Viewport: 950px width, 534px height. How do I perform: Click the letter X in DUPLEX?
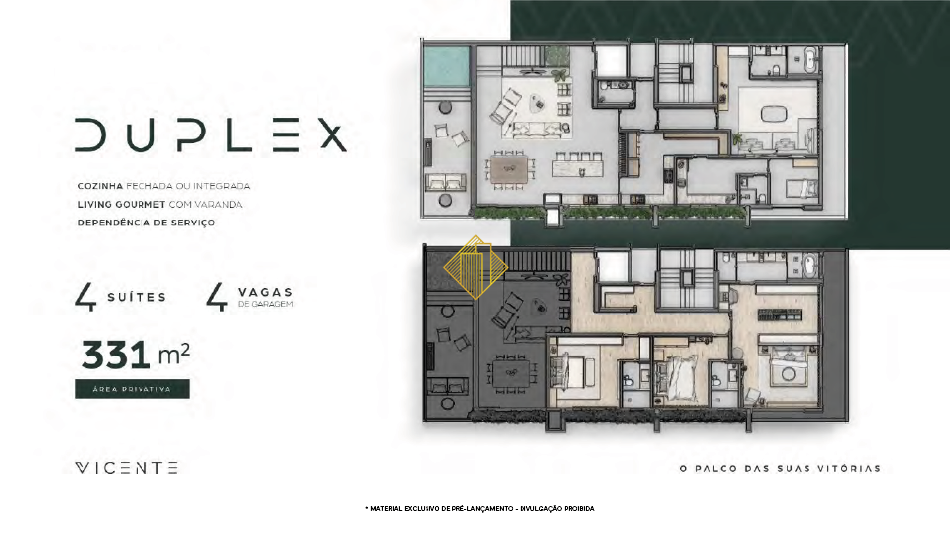tap(332, 134)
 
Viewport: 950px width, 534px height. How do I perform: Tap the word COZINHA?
tap(100, 186)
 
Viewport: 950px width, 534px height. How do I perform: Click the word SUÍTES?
tap(137, 297)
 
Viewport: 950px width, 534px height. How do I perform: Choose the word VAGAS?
tap(265, 293)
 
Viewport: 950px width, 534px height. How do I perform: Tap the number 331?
tap(117, 355)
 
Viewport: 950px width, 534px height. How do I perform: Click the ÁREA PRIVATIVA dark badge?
tap(132, 389)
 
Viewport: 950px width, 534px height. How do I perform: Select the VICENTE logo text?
tap(127, 468)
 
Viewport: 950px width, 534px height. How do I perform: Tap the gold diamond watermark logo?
tap(476, 267)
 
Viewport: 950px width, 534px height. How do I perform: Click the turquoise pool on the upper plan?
tap(446, 66)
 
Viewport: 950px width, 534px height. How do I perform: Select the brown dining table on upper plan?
tap(510, 169)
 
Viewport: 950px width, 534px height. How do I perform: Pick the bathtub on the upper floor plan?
tap(810, 61)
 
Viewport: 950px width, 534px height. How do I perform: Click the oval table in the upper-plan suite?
tap(774, 113)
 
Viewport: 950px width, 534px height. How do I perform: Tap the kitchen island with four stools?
tap(578, 165)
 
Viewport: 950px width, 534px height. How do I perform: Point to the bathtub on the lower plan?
tap(810, 266)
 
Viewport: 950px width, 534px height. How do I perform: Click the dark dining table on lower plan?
tap(511, 374)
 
